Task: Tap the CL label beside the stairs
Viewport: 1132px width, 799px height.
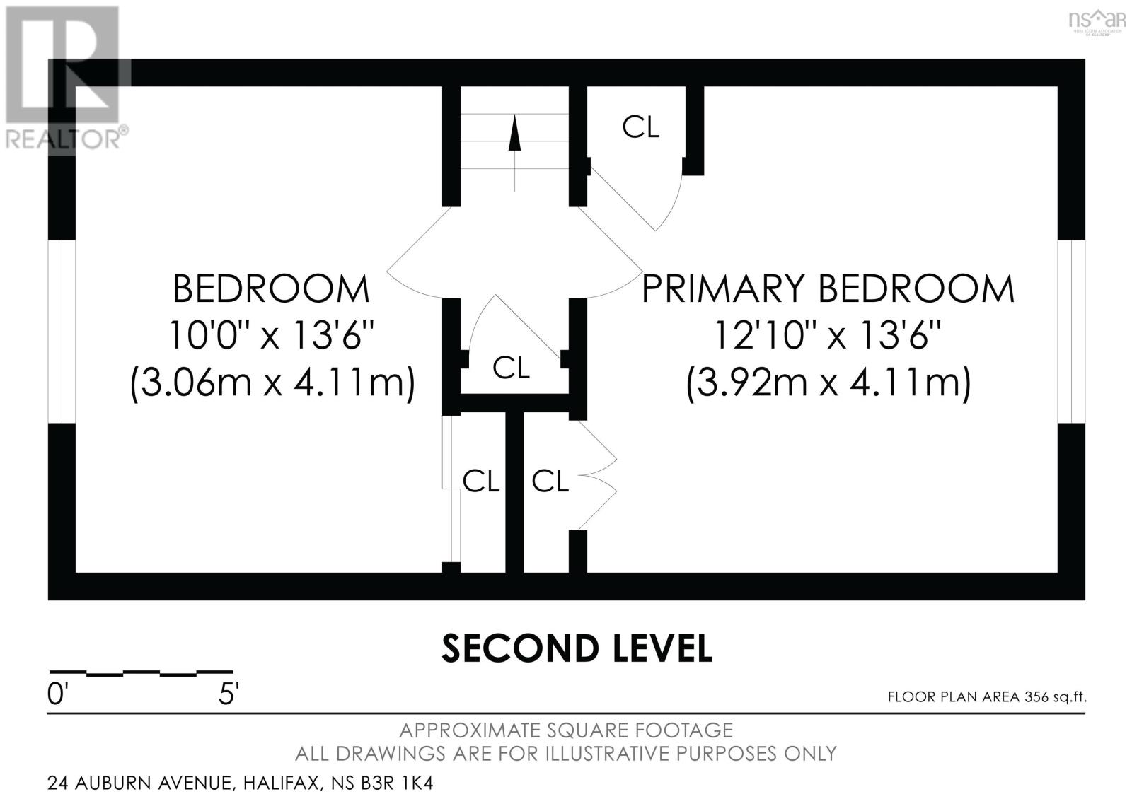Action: [640, 127]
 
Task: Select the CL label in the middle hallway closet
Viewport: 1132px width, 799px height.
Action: [511, 368]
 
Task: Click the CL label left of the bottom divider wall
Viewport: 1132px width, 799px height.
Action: [481, 482]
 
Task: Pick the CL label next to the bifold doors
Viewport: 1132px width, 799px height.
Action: [550, 482]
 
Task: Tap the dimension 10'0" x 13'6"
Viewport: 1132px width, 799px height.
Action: [271, 335]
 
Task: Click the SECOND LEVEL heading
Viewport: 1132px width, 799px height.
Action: [577, 648]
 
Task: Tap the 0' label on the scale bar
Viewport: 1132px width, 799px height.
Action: [57, 695]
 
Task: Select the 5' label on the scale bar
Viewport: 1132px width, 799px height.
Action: [228, 695]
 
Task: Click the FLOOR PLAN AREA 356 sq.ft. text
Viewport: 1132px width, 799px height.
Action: [986, 697]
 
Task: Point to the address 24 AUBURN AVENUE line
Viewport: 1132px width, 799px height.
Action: [240, 783]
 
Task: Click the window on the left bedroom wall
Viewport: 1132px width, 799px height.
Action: [62, 332]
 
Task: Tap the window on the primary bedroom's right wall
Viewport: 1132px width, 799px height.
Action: [1071, 332]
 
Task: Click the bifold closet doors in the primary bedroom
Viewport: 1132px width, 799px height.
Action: [598, 475]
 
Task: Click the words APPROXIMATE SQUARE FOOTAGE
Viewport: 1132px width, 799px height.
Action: [566, 730]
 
